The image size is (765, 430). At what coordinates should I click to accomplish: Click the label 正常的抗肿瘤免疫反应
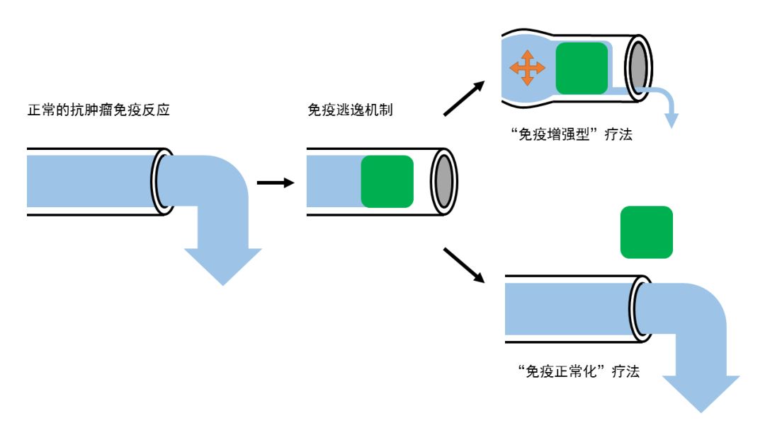[98, 111]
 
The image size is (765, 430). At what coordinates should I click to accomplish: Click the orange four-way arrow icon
[527, 68]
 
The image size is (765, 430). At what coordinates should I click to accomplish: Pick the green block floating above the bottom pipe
[646, 232]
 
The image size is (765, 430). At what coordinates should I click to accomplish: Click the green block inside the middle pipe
[387, 181]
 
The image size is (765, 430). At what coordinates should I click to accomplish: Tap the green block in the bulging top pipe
[582, 68]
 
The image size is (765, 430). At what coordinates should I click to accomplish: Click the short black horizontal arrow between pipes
[275, 183]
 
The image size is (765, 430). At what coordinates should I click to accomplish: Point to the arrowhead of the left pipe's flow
[222, 266]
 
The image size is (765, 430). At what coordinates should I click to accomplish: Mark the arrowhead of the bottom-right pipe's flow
[701, 393]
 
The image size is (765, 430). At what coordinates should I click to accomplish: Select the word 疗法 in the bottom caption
[625, 371]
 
